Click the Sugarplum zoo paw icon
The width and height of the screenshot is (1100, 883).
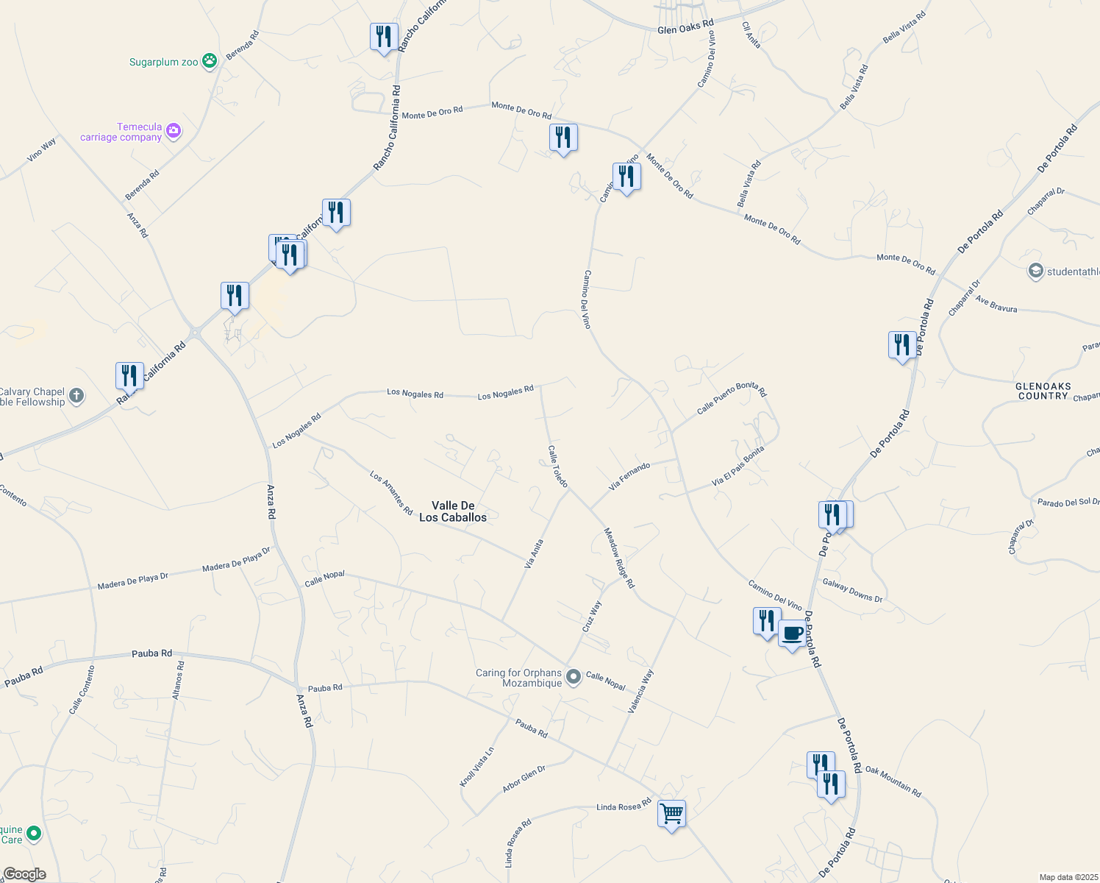click(210, 61)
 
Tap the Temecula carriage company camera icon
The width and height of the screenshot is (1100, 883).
click(174, 132)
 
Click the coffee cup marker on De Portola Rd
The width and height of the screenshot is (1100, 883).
click(792, 634)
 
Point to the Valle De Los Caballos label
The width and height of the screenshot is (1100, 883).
click(453, 511)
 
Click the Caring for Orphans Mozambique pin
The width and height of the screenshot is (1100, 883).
click(574, 675)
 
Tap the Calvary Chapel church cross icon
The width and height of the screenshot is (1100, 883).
click(76, 397)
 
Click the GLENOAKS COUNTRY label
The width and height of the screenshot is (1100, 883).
click(1043, 391)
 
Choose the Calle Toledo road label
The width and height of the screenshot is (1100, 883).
click(558, 466)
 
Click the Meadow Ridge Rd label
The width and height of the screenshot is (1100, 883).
click(618, 557)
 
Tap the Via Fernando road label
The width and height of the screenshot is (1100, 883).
click(629, 477)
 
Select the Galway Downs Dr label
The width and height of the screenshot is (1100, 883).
click(852, 590)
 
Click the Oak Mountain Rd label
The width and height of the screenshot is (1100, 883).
click(893, 781)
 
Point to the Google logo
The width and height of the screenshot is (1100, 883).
click(24, 874)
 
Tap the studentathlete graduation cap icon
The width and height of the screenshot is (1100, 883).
click(1035, 272)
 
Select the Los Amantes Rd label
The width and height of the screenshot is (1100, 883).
click(391, 493)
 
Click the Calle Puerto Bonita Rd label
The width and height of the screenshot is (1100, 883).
click(731, 398)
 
